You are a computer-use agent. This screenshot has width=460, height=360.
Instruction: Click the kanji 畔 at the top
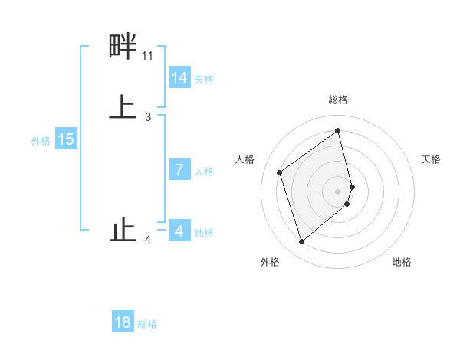coord(123,47)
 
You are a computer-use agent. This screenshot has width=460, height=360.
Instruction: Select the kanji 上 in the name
coord(123,107)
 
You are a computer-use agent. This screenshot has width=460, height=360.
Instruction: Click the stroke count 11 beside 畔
coord(147,56)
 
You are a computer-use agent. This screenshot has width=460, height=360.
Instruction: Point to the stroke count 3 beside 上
coord(148,117)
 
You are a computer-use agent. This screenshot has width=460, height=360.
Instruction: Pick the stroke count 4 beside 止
coord(148,241)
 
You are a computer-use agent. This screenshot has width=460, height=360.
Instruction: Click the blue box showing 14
coord(179,78)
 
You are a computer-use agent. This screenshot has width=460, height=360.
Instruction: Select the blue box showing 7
coord(179,170)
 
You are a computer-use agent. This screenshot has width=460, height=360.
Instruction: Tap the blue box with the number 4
coord(179,231)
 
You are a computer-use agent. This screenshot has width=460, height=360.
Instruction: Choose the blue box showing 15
coord(66,139)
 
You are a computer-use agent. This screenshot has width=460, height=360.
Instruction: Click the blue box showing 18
coord(123,322)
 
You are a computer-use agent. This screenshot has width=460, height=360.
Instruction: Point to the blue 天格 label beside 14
coord(204,80)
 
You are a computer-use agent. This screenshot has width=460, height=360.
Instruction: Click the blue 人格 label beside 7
coord(204,172)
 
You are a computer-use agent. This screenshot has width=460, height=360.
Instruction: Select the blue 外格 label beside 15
coord(41,141)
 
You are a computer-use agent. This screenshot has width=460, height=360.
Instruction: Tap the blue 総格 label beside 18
coord(147,324)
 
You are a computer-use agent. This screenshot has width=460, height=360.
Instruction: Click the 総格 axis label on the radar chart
coord(338,100)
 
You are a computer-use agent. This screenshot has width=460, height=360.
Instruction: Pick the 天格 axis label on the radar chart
coord(431,159)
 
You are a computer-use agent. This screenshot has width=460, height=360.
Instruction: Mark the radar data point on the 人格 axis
coord(280,172)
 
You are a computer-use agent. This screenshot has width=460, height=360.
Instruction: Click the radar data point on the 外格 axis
coord(301,242)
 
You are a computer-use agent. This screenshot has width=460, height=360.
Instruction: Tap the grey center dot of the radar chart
coord(338,191)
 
